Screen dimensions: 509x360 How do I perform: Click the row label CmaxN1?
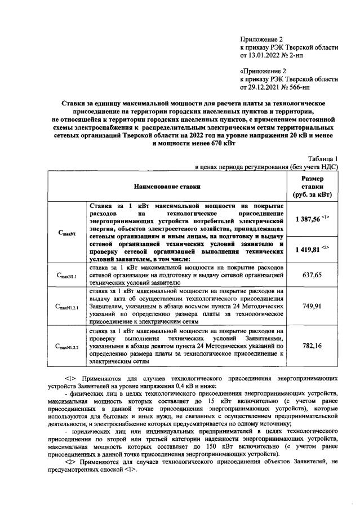[x=67, y=233]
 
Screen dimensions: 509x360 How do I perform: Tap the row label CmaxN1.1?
[x=67, y=275]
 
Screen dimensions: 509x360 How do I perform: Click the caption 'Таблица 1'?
[x=323, y=159]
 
